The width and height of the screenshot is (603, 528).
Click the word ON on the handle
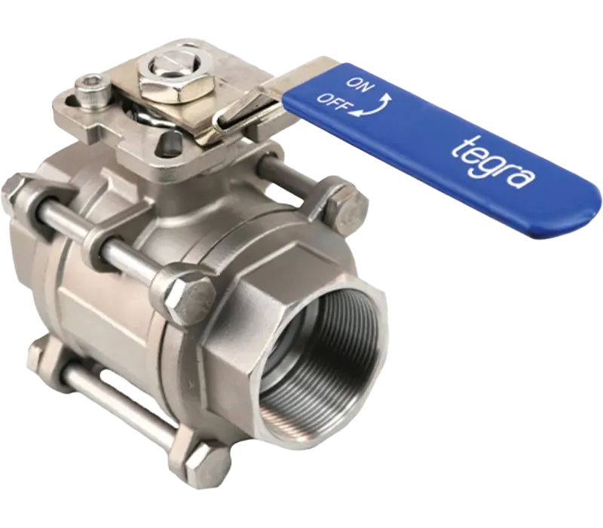point(359,85)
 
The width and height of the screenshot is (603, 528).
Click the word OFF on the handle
point(333,103)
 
